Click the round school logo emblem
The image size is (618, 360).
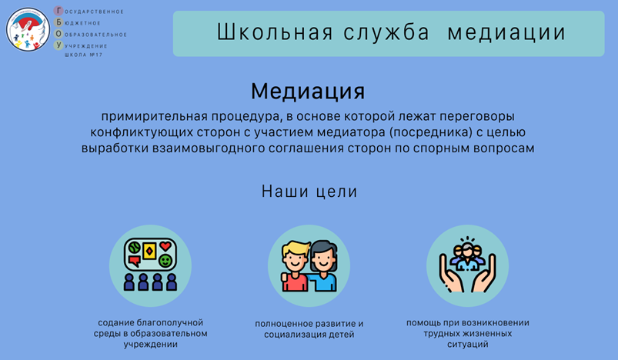(28, 29)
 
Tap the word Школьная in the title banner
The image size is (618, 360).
(275, 32)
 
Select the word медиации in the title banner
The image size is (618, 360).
(506, 32)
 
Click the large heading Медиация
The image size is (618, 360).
(308, 92)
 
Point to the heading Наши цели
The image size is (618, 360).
(309, 192)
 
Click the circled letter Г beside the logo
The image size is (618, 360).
(58, 11)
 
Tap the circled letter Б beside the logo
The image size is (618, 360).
(58, 22)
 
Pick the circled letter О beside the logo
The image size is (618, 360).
(58, 34)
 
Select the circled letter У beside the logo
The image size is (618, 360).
(58, 45)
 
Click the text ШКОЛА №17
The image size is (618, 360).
(84, 55)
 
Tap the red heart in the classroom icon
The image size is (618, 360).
(165, 247)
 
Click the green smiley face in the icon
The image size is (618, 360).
(165, 261)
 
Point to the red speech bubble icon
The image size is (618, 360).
(135, 261)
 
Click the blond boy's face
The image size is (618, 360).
(295, 259)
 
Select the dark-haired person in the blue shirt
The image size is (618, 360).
(323, 266)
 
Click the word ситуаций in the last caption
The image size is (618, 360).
(468, 345)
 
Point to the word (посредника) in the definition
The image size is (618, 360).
(430, 132)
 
